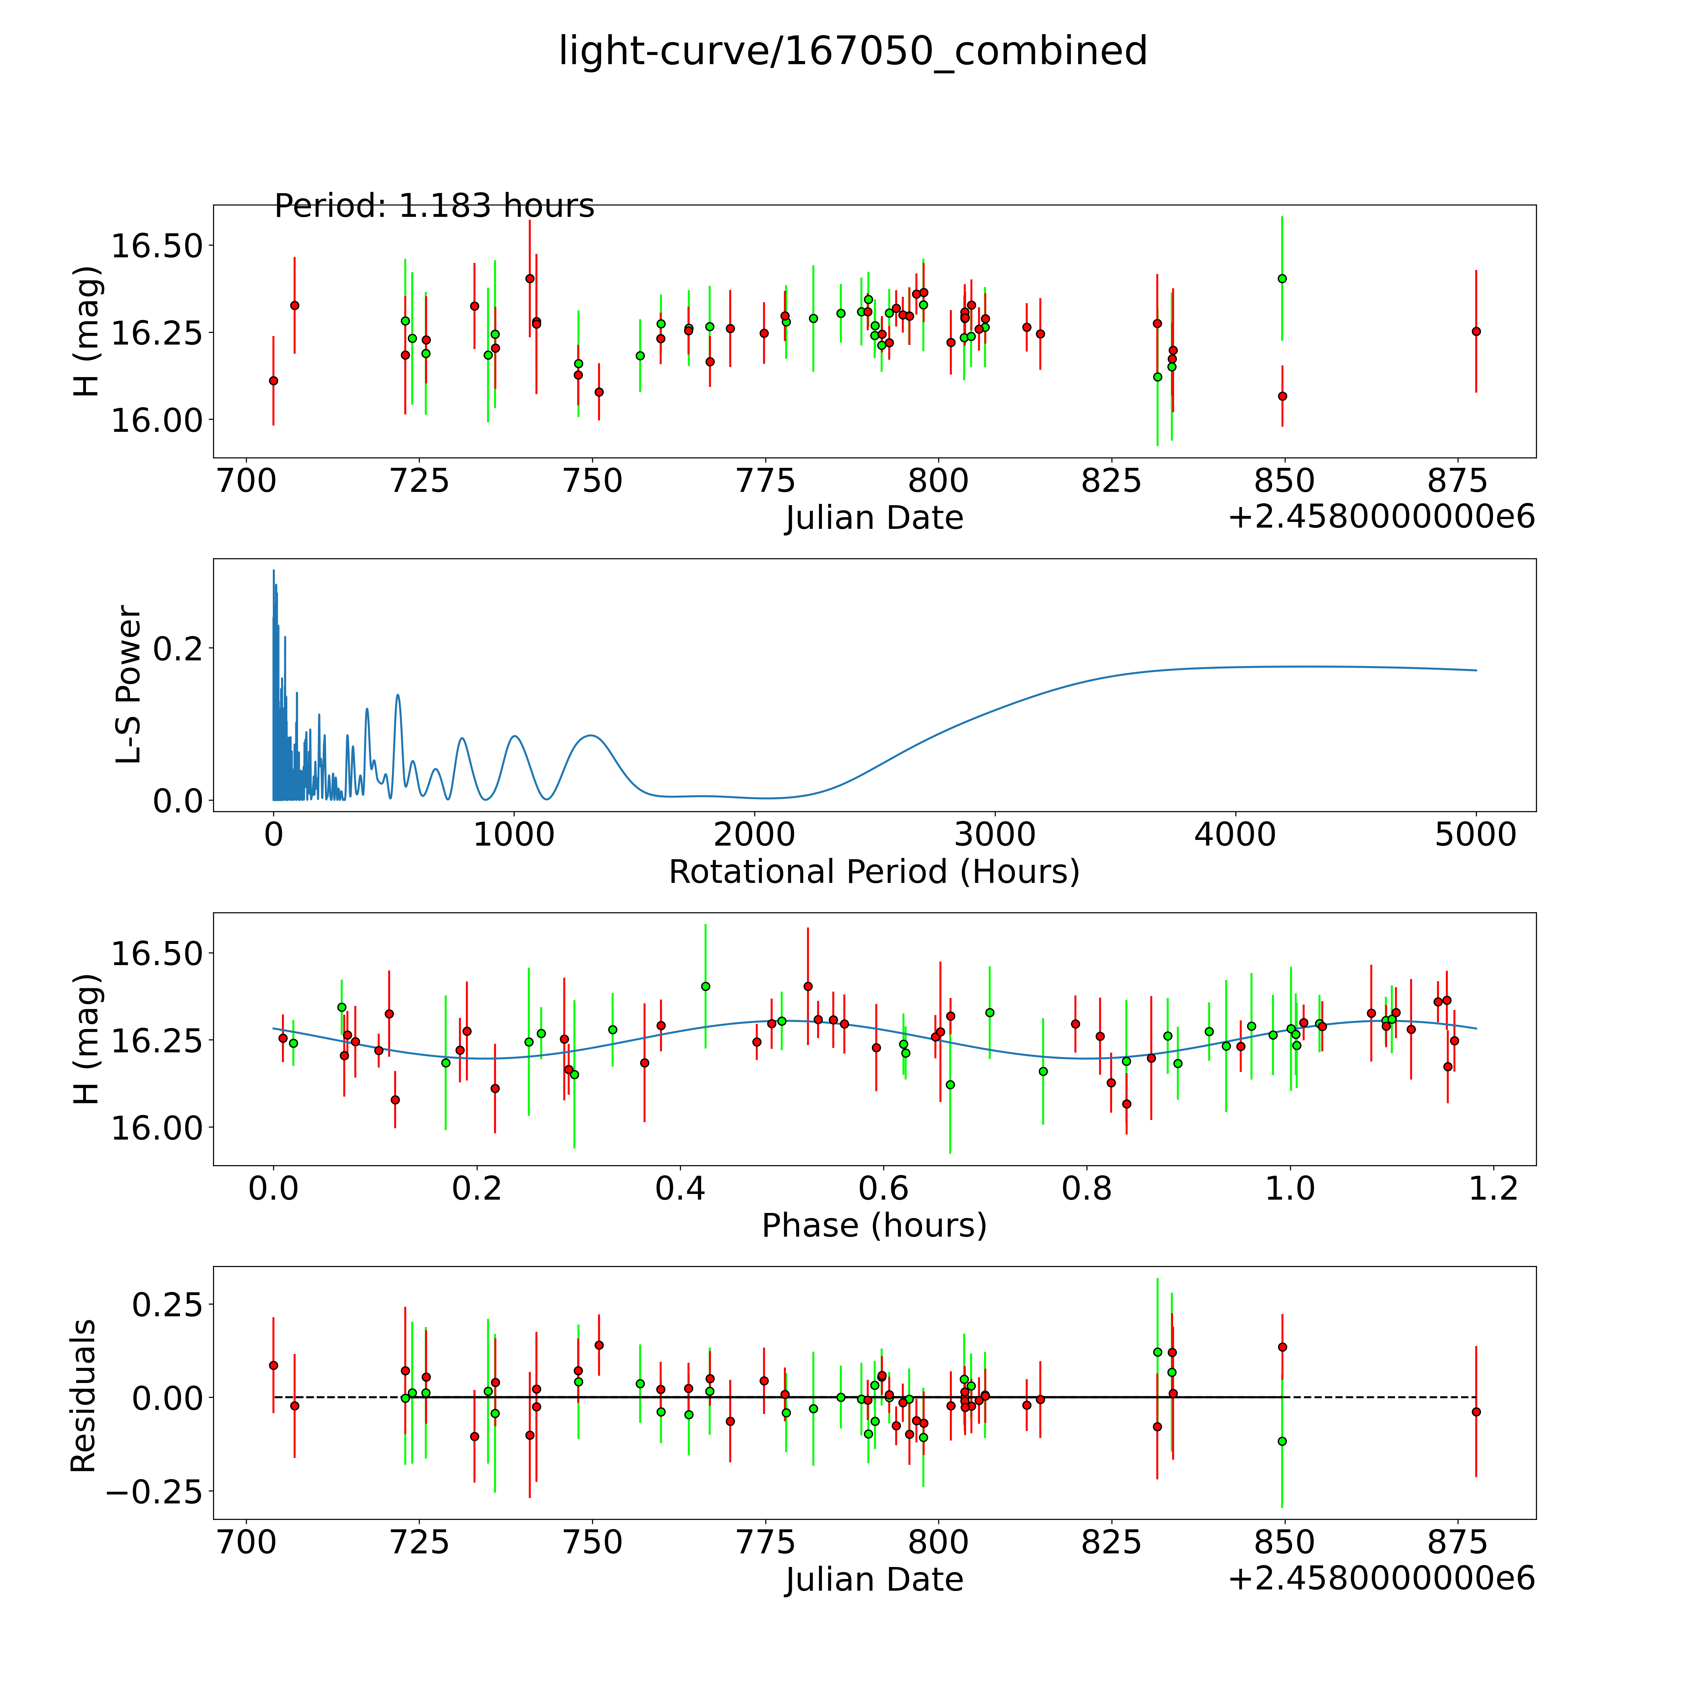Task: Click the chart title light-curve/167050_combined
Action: click(853, 51)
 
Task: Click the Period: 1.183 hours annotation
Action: click(434, 206)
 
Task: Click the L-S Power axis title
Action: click(129, 685)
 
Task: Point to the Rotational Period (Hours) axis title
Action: click(874, 872)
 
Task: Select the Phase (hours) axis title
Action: click(874, 1226)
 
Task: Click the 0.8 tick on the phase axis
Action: click(1087, 1188)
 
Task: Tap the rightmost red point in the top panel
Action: click(1476, 331)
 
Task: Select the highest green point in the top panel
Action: click(1282, 278)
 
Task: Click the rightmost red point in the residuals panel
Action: click(1476, 1412)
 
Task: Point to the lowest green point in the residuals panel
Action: click(1282, 1441)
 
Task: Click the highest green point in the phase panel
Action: click(705, 986)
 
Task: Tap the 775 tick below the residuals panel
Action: click(765, 1542)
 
